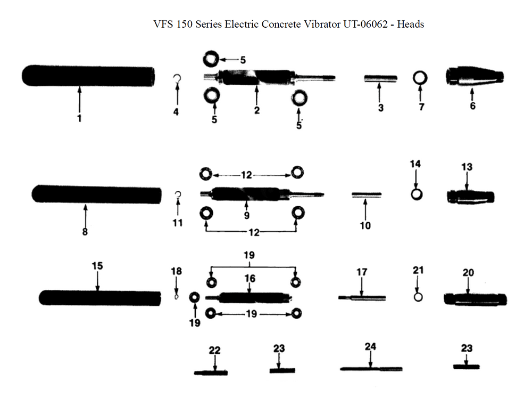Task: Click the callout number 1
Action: point(79,119)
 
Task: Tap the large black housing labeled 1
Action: point(88,76)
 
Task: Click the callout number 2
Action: point(256,110)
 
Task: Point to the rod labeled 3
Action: point(380,78)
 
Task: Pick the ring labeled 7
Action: point(420,78)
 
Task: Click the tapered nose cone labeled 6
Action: point(473,78)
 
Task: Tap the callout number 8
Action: point(85,232)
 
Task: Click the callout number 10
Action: point(365,225)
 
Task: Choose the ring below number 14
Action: point(417,193)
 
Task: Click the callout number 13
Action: point(466,167)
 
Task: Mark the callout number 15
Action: point(97,265)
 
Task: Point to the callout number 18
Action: point(176,271)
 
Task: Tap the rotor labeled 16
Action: point(250,297)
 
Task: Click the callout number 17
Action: point(361,272)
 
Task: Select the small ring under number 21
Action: point(418,296)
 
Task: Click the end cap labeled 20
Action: point(475,298)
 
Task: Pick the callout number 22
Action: point(214,350)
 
